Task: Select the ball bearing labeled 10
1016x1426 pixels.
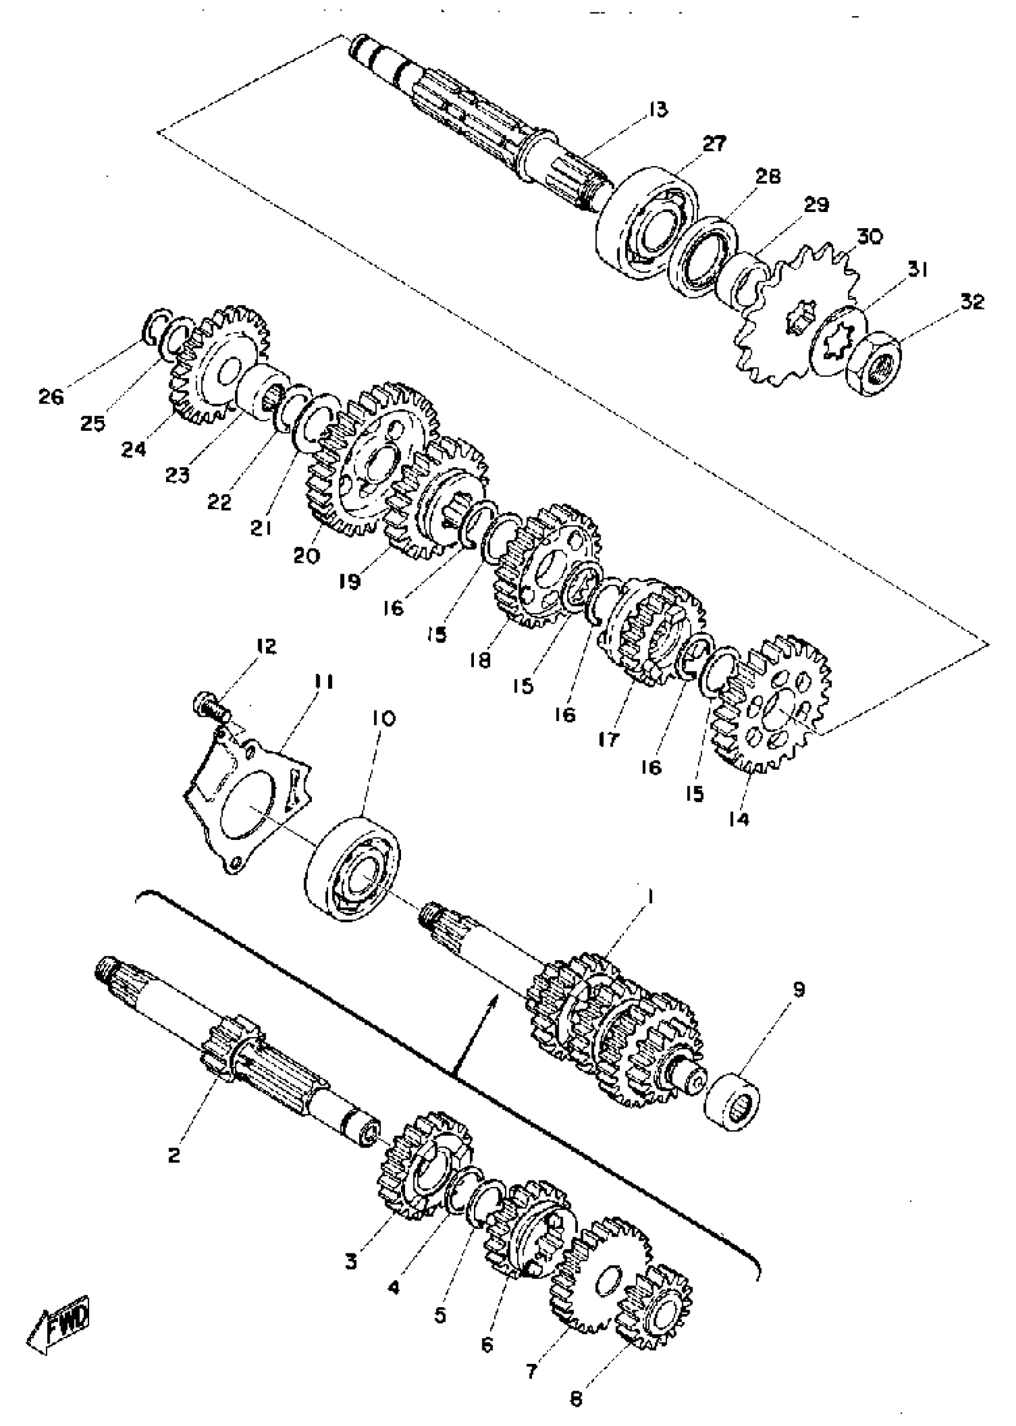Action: coord(354,867)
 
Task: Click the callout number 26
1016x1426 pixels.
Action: coord(51,397)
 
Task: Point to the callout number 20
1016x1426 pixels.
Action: coord(307,555)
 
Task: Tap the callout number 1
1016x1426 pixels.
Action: coord(650,897)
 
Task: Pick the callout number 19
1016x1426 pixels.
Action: coord(350,582)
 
